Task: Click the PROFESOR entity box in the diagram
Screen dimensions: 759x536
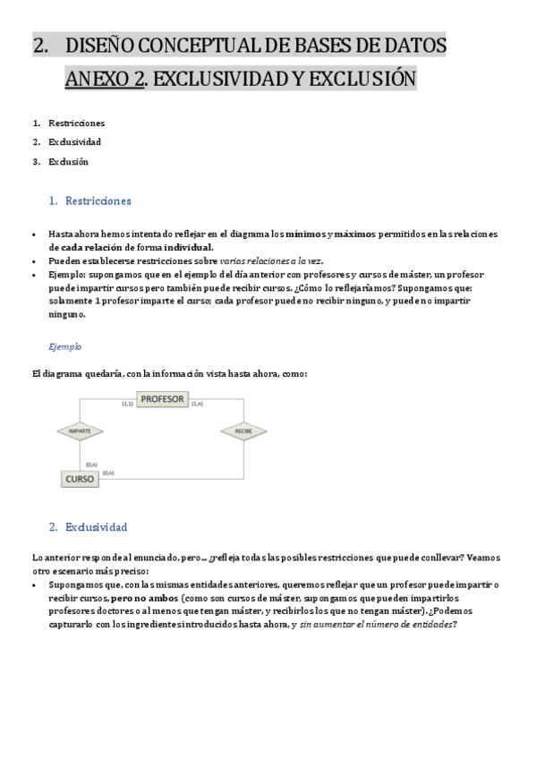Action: (162, 399)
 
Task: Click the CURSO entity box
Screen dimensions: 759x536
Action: (80, 479)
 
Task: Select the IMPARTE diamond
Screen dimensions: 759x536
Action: (80, 431)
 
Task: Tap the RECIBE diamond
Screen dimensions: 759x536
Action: (243, 431)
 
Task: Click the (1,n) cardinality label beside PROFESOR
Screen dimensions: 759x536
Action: (198, 405)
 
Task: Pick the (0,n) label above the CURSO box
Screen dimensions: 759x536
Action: (91, 465)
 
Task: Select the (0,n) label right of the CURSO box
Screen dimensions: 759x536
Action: (108, 473)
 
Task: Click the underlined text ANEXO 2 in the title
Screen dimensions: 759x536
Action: (104, 80)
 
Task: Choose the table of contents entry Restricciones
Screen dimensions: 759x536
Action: (76, 123)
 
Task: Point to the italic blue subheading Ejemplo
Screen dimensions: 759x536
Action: (64, 345)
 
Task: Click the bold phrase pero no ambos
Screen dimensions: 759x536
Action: (143, 598)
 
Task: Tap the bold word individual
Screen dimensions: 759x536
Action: (188, 247)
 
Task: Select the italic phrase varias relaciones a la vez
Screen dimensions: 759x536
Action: (271, 260)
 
